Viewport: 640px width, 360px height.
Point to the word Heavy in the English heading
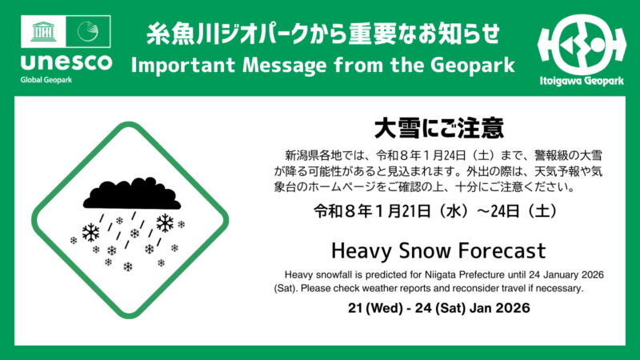pos(358,250)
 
